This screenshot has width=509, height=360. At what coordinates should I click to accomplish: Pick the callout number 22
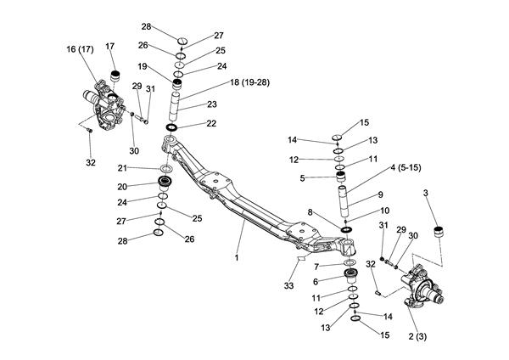(x=211, y=124)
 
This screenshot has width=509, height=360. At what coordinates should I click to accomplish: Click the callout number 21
(x=123, y=167)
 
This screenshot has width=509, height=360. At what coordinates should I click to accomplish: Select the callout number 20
(x=122, y=187)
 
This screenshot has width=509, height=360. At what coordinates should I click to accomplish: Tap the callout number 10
(x=384, y=210)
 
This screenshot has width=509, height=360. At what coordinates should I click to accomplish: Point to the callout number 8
(x=311, y=213)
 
